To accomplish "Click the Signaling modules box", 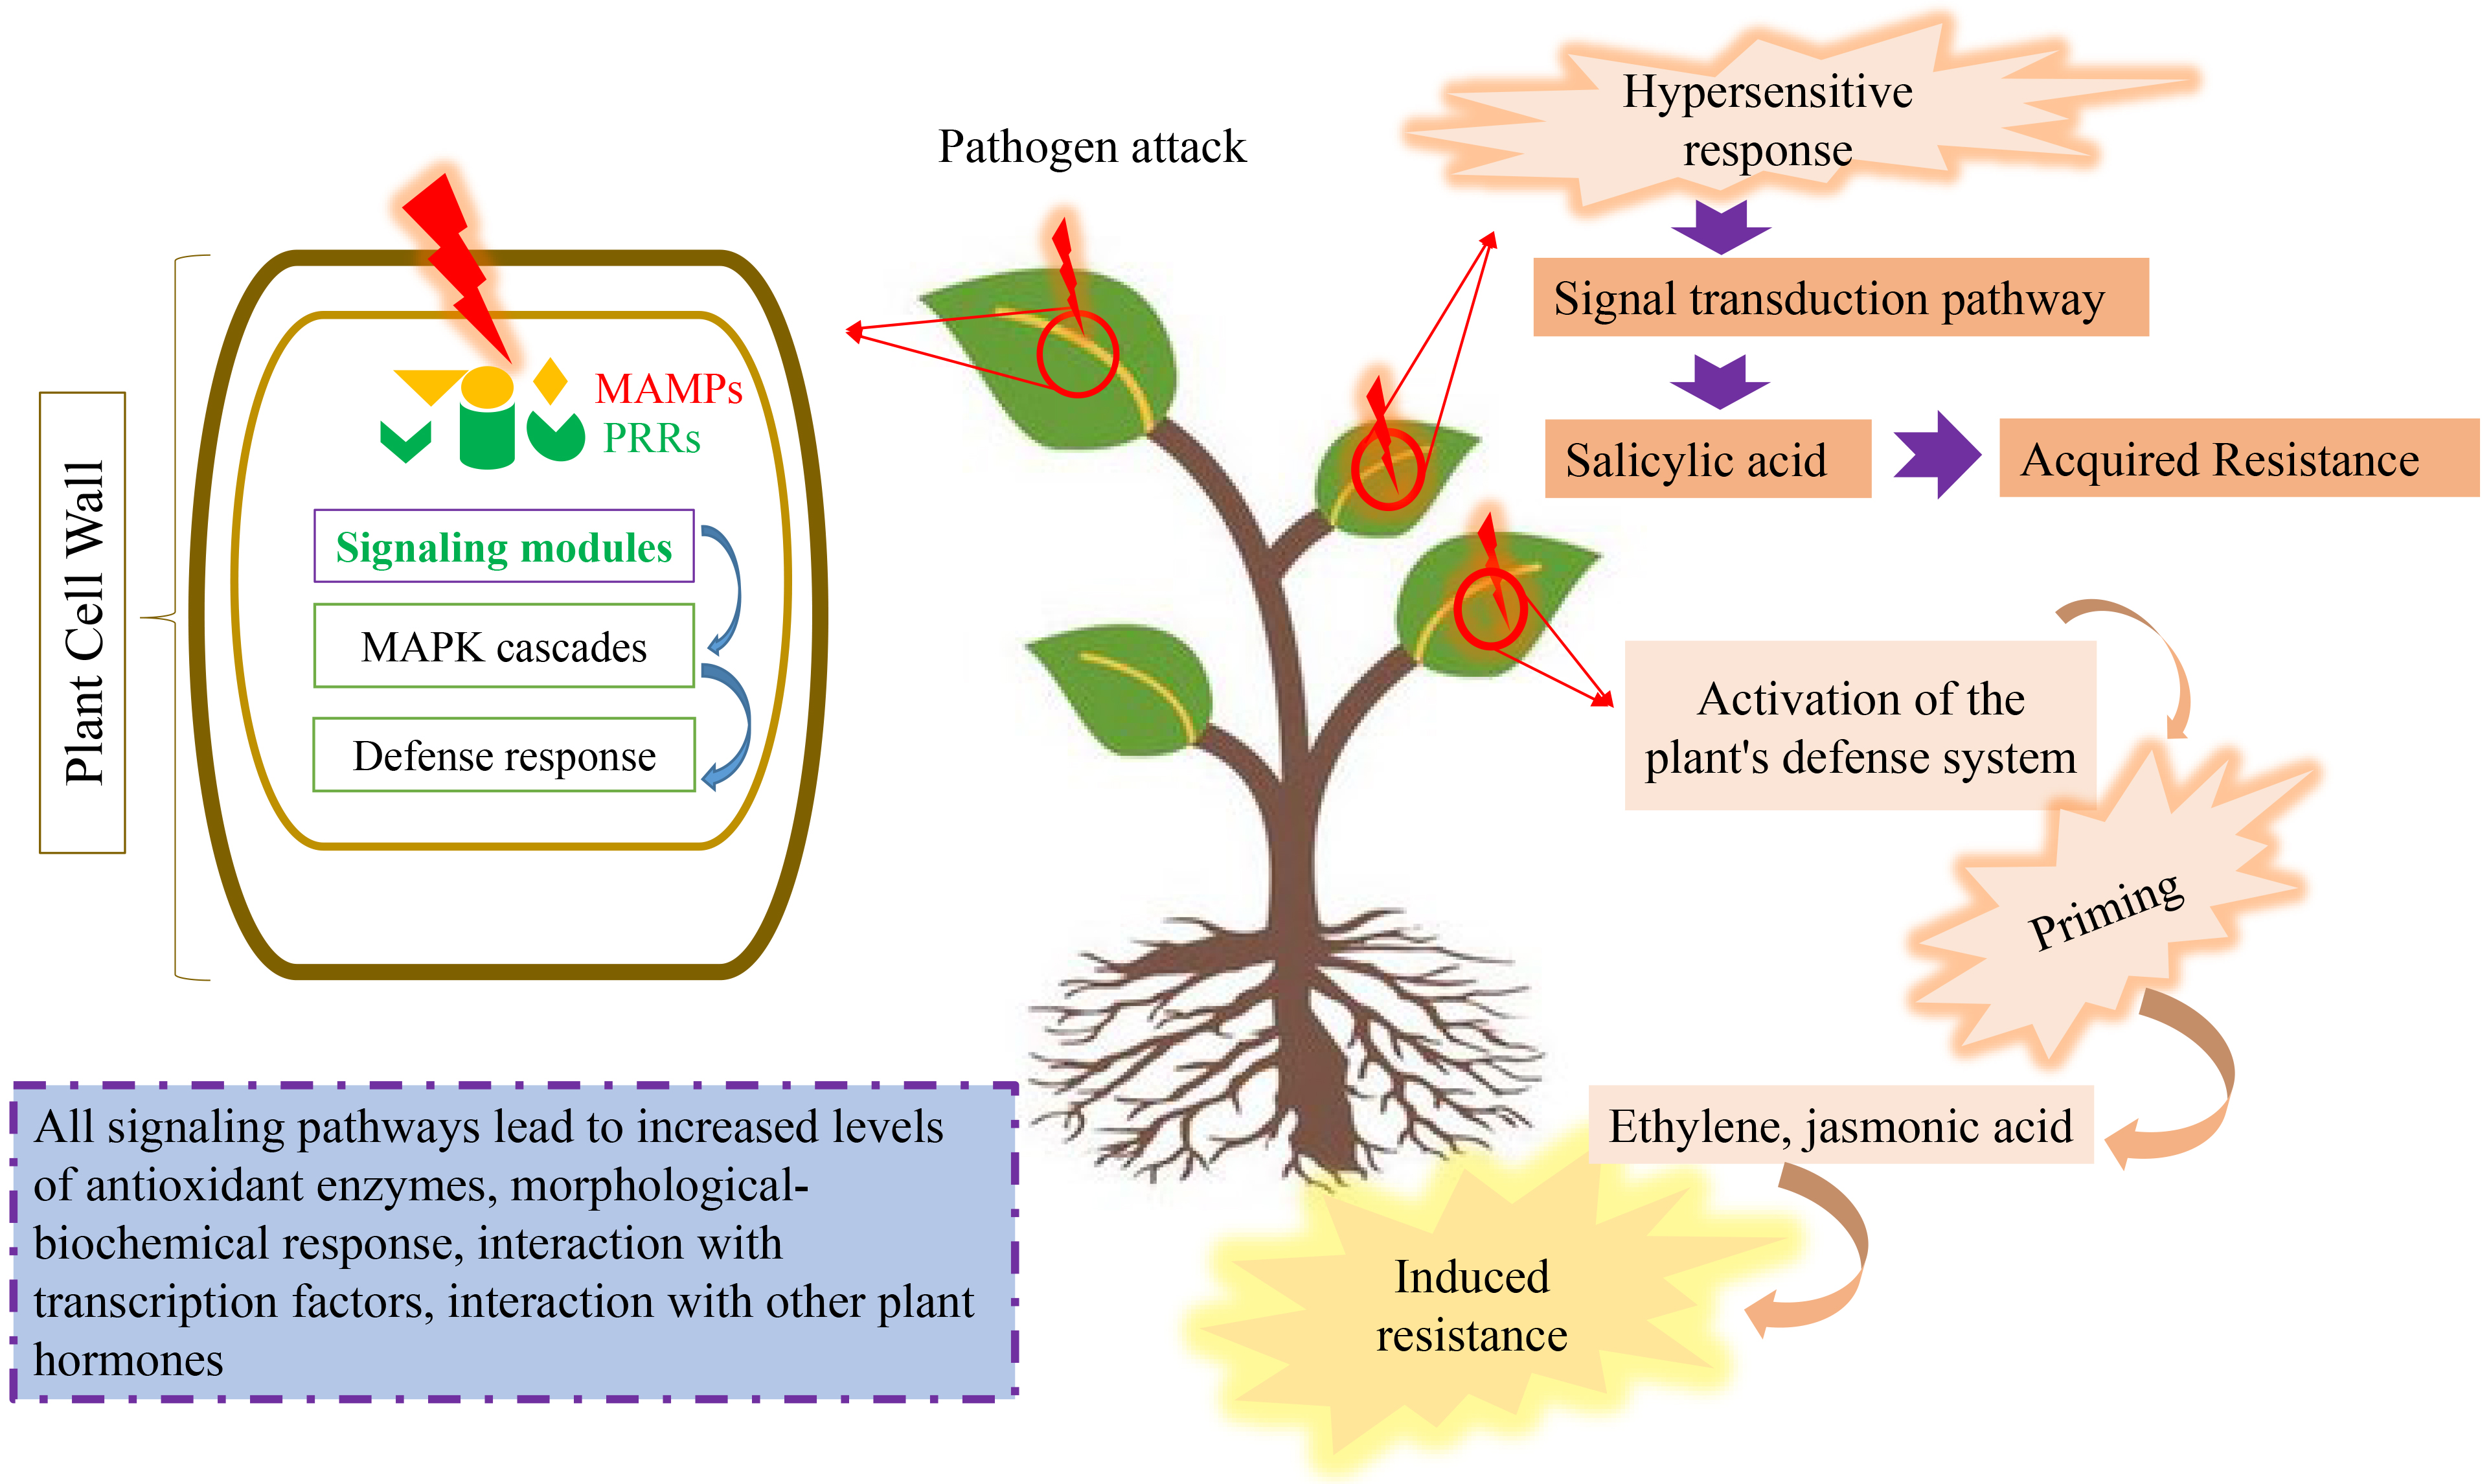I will [x=504, y=547].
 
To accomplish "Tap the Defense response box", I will [x=504, y=756].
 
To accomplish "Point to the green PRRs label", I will [x=652, y=438].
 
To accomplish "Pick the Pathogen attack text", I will [x=1091, y=147].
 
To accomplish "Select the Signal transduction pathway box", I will [x=1839, y=298].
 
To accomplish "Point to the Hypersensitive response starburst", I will [x=1766, y=120].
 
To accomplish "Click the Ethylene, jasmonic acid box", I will [x=1839, y=1126].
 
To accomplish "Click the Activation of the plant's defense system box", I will [x=1860, y=727].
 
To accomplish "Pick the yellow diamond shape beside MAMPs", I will [x=550, y=381].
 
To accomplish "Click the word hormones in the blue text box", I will [x=128, y=1361].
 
